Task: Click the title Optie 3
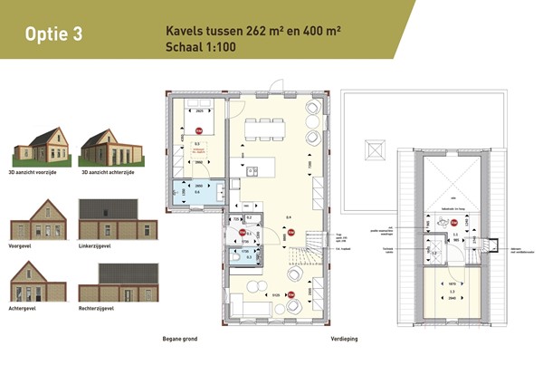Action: [x=55, y=34]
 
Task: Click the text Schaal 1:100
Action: [x=201, y=46]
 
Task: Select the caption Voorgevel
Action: [x=20, y=245]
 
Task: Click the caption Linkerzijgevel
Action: [x=96, y=245]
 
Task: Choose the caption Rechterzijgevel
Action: [x=97, y=307]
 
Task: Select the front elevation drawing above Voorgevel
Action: [x=37, y=219]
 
